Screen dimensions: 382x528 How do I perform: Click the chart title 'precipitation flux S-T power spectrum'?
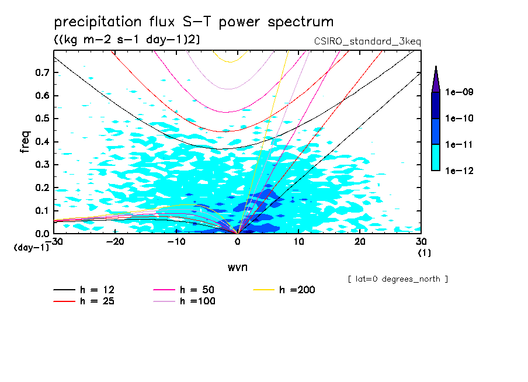click(194, 22)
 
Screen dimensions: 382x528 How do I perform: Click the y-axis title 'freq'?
click(25, 141)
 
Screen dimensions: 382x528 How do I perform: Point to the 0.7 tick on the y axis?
click(41, 72)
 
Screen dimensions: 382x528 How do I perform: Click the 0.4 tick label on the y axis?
click(41, 141)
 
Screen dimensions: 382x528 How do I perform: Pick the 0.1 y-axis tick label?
click(41, 210)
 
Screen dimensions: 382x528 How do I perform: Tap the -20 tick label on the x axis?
click(115, 241)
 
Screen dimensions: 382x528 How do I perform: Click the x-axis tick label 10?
click(298, 241)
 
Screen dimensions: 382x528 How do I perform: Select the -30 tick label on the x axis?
click(54, 241)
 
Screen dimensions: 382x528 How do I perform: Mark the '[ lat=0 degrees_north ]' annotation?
click(398, 279)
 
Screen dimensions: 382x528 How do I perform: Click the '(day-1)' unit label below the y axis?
click(31, 248)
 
